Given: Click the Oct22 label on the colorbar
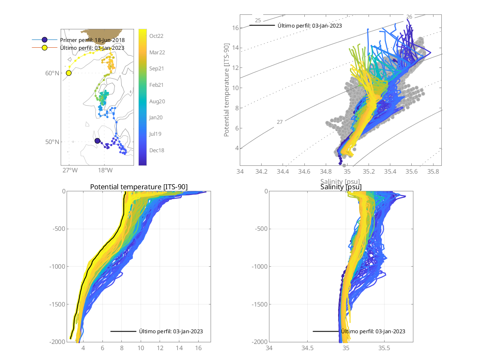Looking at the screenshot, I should click(x=156, y=36).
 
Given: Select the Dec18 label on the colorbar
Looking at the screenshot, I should click(x=156, y=150).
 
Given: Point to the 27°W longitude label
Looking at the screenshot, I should click(x=69, y=170).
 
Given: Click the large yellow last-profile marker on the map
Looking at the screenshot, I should click(x=69, y=73).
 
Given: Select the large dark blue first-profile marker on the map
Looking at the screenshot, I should click(x=97, y=141).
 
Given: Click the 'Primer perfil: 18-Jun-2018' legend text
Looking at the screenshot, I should click(x=92, y=40).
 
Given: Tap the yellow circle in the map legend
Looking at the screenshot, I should click(x=44, y=48).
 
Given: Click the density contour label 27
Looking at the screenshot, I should click(x=280, y=122).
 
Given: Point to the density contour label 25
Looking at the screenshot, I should click(x=258, y=20).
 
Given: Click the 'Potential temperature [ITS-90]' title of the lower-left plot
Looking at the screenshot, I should click(x=139, y=187).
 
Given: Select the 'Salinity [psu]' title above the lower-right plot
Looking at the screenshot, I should click(x=341, y=187).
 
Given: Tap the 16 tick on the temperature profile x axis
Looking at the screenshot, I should click(x=198, y=348).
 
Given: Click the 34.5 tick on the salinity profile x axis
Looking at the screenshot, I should click(x=308, y=348).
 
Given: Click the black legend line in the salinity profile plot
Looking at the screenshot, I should click(x=326, y=331).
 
